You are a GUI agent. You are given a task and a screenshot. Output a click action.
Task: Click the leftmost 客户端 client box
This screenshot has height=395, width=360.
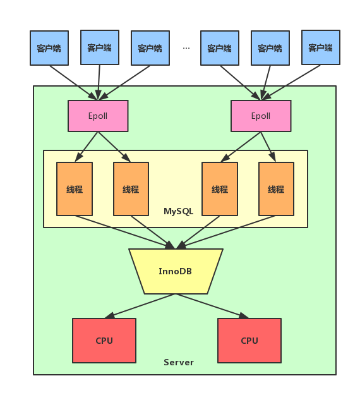[49, 48]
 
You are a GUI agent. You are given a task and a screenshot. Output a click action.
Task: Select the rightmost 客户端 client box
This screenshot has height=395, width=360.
[321, 47]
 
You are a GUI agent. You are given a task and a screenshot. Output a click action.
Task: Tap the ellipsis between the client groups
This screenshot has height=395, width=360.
[186, 48]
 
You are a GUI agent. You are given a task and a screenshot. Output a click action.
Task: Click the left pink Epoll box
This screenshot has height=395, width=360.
[98, 116]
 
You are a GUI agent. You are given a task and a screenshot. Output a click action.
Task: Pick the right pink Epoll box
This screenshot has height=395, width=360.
[261, 116]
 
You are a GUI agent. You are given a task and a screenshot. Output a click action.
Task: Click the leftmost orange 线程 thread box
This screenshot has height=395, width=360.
[75, 189]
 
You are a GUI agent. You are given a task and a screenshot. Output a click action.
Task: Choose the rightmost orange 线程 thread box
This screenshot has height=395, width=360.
[276, 189]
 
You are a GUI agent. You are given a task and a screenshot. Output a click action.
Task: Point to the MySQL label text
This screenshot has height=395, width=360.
[179, 211]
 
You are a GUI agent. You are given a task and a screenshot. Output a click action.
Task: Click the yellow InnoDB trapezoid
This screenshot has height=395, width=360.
[176, 271]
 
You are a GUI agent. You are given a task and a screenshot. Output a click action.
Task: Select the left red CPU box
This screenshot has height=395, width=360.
[104, 341]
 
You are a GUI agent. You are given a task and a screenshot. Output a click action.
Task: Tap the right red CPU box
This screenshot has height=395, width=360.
[249, 341]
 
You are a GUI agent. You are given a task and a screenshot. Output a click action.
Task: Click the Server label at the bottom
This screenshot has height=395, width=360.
[179, 362]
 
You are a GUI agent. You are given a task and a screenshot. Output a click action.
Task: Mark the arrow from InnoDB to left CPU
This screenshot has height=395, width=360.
[140, 306]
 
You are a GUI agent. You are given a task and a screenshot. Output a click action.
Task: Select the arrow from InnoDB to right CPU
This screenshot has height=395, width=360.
[212, 306]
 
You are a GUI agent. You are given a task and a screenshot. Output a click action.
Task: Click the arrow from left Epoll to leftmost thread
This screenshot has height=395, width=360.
[87, 147]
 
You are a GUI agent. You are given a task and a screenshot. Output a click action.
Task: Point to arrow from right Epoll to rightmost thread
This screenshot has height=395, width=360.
[268, 147]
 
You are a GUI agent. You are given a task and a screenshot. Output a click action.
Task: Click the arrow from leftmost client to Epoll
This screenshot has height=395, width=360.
[73, 83]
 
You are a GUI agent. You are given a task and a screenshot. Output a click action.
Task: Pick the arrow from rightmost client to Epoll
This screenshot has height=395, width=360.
[291, 83]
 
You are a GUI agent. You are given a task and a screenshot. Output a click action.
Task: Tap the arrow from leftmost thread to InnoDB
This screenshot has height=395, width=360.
[124, 233]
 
